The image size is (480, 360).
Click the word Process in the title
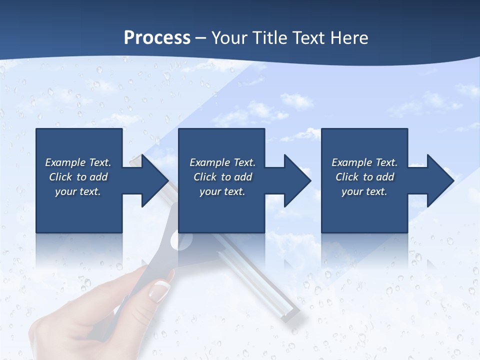click(x=157, y=37)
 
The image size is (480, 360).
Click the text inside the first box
click(x=78, y=177)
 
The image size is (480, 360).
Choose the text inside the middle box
click(x=222, y=177)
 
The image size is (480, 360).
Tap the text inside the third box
click(x=364, y=177)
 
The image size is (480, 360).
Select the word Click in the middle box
click(x=204, y=177)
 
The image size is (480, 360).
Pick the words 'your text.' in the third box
click(x=364, y=191)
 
